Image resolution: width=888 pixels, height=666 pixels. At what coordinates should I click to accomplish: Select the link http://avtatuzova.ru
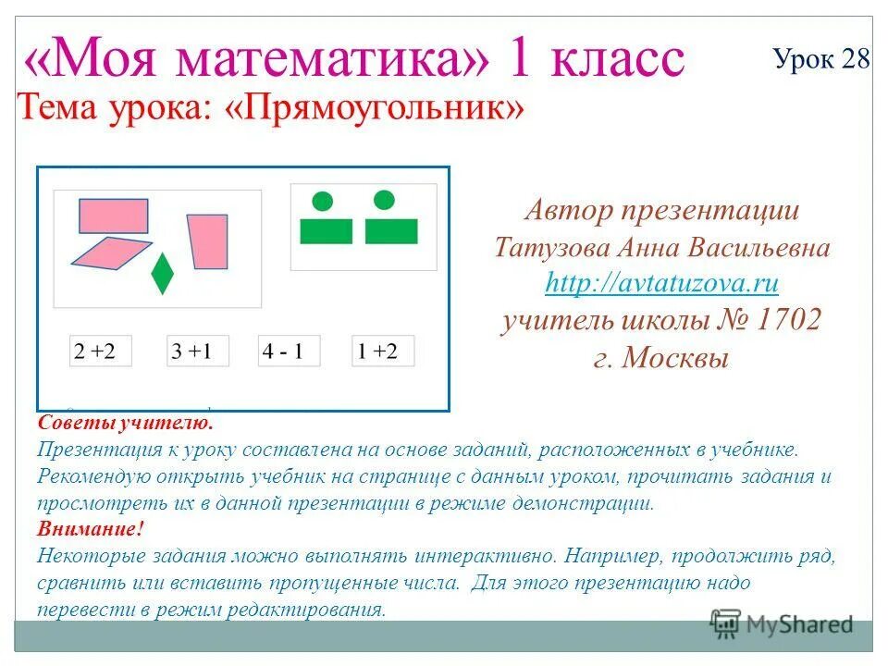[x=661, y=282]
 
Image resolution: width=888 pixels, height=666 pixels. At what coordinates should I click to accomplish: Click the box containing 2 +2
[x=101, y=351]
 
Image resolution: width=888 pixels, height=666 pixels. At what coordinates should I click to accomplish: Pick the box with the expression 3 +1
[x=197, y=351]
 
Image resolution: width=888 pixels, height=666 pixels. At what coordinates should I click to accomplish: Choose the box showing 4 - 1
[x=289, y=351]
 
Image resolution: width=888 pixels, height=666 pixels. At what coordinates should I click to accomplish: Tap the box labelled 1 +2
[x=383, y=351]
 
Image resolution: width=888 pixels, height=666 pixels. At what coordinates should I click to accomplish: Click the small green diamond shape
[x=162, y=273]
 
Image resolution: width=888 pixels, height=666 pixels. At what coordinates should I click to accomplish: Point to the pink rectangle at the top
[x=113, y=216]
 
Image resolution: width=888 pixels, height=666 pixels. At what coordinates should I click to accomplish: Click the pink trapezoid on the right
[x=208, y=241]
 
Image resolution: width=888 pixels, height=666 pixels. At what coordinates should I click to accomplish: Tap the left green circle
[x=322, y=200]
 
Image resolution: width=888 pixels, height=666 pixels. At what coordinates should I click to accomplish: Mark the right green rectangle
[x=391, y=230]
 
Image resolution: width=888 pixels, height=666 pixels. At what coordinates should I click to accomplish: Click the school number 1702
[x=788, y=320]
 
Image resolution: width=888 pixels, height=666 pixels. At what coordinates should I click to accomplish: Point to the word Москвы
[x=674, y=357]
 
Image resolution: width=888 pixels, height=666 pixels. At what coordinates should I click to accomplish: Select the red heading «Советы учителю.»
[x=126, y=423]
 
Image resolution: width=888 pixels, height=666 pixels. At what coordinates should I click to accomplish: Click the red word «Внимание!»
[x=92, y=529]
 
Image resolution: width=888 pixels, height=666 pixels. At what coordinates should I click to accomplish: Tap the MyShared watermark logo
[x=782, y=624]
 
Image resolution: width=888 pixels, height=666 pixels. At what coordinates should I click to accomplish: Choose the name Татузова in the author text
[x=547, y=248]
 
